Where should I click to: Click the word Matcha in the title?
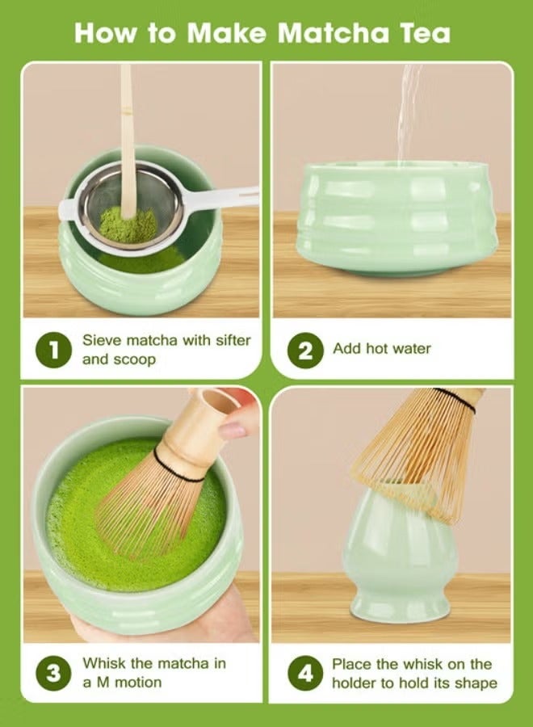coord(334,33)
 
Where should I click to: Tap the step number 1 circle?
coord(53,350)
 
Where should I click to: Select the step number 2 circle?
coord(305,350)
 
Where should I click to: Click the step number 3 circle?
coord(53,673)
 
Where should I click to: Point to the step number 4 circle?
coord(305,673)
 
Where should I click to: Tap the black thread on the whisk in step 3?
coord(180,469)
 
